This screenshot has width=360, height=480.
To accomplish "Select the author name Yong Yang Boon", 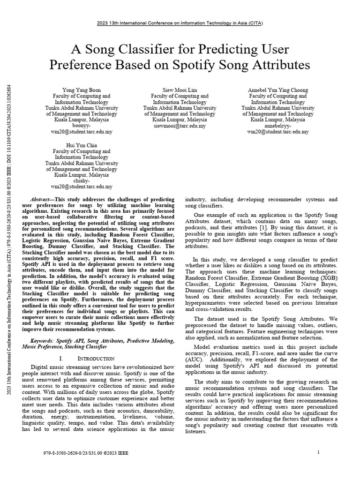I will pyautogui.click(x=82, y=90).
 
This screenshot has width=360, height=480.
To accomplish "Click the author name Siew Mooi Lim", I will pyautogui.click(x=180, y=90).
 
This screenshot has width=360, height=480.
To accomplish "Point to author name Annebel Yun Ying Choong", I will pyautogui.click(x=278, y=90).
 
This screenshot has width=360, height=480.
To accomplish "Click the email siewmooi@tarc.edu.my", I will pyautogui.click(x=180, y=126).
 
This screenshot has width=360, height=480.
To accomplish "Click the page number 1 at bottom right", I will pyautogui.click(x=318, y=452).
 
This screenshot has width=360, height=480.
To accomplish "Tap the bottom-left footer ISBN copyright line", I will pyautogui.click(x=85, y=453).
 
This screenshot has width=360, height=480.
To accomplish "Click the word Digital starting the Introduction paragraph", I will pyautogui.click(x=40, y=366).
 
